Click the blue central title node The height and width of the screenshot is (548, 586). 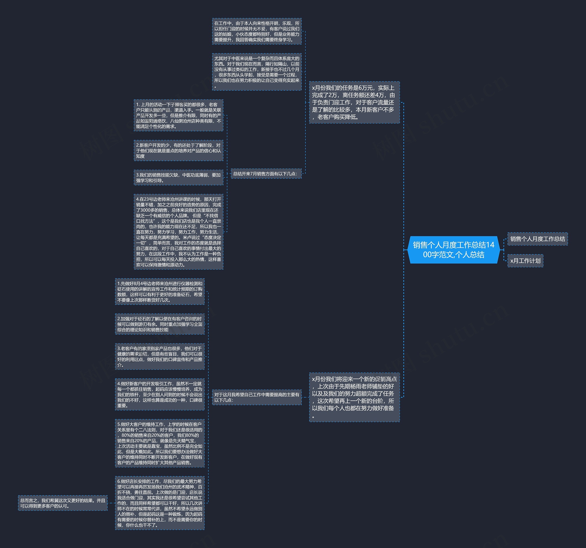pyautogui.click(x=454, y=250)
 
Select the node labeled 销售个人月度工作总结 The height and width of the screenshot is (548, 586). pyautogui.click(x=537, y=239)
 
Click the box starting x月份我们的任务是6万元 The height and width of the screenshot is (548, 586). pyautogui.click(x=354, y=102)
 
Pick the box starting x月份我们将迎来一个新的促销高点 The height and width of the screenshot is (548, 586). pyautogui.click(x=354, y=397)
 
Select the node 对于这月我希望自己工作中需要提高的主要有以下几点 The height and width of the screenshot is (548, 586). pyautogui.click(x=257, y=397)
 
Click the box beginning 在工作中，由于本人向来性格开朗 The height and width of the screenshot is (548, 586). pyautogui.click(x=257, y=31)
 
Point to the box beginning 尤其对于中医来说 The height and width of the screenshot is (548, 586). pyautogui.click(x=257, y=72)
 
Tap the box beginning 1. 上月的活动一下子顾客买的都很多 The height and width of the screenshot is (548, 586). pyautogui.click(x=178, y=115)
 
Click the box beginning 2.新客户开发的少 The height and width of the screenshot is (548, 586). pyautogui.click(x=178, y=150)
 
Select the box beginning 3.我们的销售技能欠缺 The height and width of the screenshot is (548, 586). pyautogui.click(x=178, y=177)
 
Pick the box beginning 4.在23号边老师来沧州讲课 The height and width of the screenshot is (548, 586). pyautogui.click(x=178, y=232)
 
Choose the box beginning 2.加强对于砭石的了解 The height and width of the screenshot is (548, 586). pyautogui.click(x=160, y=324)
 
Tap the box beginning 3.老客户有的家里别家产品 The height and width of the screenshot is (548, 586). pyautogui.click(x=160, y=357)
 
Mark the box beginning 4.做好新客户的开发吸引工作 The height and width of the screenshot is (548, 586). pyautogui.click(x=160, y=394)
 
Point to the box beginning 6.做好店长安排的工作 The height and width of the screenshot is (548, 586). pyautogui.click(x=160, y=503)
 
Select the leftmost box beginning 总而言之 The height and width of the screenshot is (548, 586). pyautogui.click(x=63, y=503)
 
